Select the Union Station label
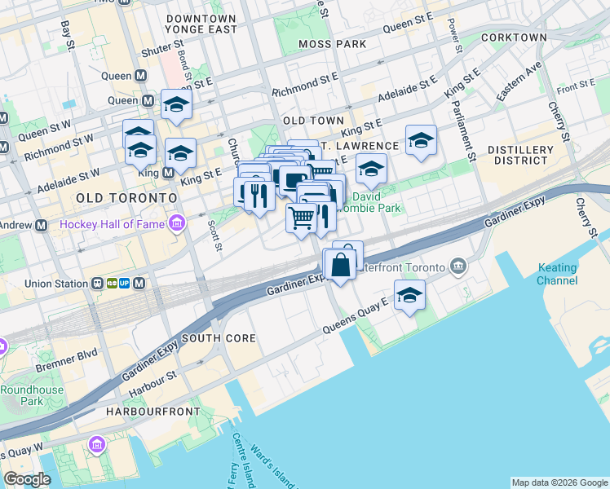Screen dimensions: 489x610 click(x=55, y=284)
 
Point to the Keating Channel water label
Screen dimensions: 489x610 click(x=557, y=275)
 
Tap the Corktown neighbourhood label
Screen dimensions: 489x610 click(x=514, y=37)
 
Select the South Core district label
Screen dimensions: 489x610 click(x=219, y=338)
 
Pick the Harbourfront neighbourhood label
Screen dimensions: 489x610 click(x=152, y=412)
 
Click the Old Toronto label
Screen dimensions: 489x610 click(x=126, y=198)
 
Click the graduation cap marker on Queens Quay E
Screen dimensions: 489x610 click(x=409, y=295)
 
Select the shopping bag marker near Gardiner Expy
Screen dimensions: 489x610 click(x=340, y=263)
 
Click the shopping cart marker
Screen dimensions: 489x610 click(x=302, y=218)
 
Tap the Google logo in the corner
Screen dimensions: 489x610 click(x=27, y=480)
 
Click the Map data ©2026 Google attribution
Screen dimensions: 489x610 click(x=559, y=482)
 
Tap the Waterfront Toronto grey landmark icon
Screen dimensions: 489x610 click(x=457, y=267)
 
